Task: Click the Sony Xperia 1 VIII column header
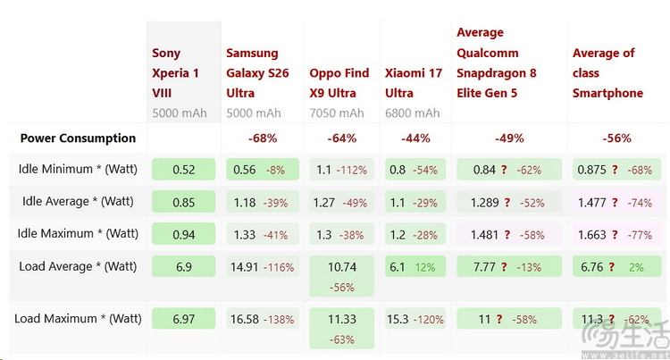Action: [175, 73]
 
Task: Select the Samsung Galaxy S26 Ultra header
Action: [257, 73]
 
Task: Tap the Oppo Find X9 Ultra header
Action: [339, 83]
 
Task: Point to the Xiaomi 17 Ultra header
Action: [414, 83]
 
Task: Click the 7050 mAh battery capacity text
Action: [337, 113]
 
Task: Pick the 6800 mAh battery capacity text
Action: [412, 113]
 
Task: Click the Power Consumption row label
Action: [78, 138]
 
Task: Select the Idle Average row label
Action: [78, 201]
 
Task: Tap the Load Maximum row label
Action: [78, 319]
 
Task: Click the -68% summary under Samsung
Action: [263, 138]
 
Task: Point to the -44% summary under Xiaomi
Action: [415, 138]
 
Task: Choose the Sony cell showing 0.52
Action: [184, 170]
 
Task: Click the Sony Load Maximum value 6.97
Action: [184, 319]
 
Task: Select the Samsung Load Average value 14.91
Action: [245, 267]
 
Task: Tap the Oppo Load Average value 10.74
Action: [342, 267]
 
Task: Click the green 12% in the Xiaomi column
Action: [425, 268]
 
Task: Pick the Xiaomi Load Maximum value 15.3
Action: [398, 320]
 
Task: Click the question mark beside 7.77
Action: [504, 267]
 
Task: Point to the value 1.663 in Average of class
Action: [591, 235]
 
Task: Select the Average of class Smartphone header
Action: [607, 73]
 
